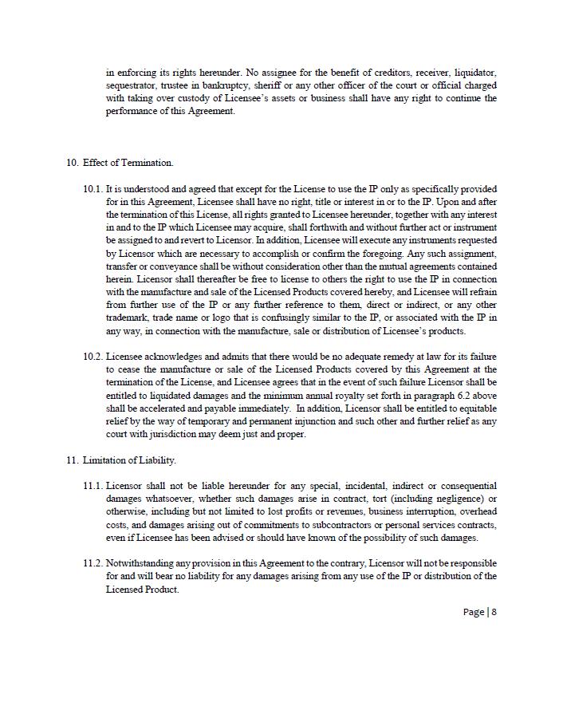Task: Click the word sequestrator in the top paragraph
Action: click(132, 85)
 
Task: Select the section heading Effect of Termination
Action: click(128, 163)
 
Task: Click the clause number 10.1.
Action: click(93, 189)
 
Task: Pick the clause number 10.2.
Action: click(93, 357)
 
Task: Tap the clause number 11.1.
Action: click(93, 486)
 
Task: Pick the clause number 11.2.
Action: click(93, 563)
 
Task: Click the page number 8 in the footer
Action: click(494, 612)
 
